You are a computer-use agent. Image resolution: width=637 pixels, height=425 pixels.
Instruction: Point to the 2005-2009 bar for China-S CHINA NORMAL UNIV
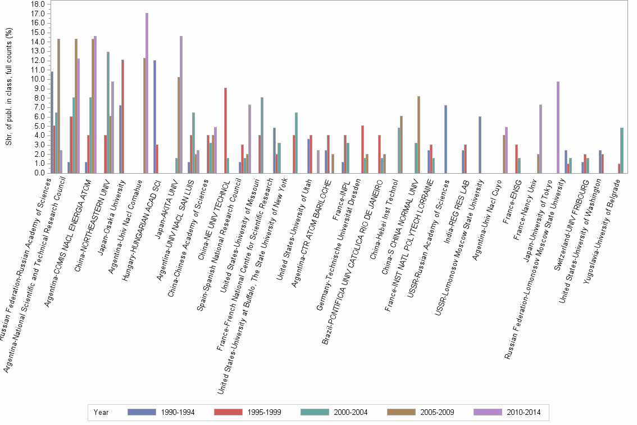pos(418,134)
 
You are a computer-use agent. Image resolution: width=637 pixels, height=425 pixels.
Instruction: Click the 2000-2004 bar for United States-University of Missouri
pos(262,135)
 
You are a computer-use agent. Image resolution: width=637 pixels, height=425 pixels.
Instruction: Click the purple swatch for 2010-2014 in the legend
pos(488,412)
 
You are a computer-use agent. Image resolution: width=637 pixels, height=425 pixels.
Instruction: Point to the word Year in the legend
pos(102,412)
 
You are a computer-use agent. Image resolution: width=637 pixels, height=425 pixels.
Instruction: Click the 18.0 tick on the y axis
pos(38,4)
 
